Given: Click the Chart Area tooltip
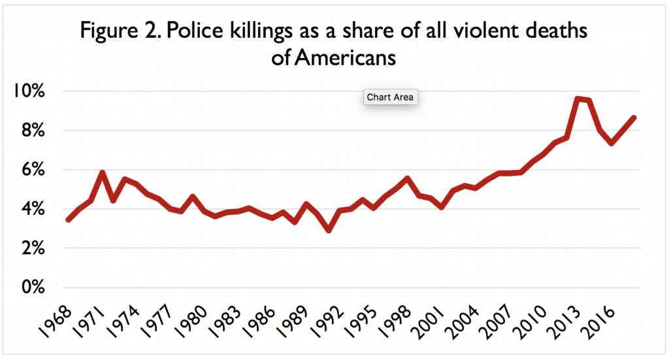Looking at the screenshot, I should [389, 97].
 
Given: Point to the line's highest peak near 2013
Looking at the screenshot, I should [577, 99].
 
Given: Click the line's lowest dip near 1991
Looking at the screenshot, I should [329, 230].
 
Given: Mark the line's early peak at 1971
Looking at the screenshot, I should [102, 172].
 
